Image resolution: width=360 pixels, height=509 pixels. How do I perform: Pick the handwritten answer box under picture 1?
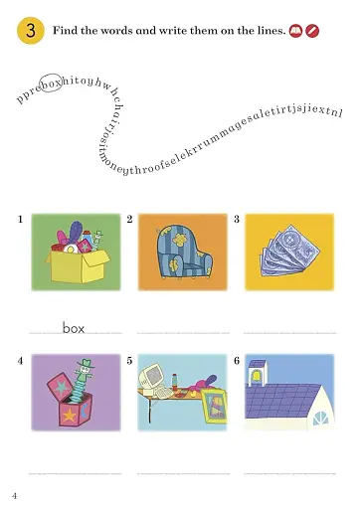74,326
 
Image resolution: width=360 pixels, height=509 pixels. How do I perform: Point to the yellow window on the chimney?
257,377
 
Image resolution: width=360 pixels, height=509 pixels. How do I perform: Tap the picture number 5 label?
130,359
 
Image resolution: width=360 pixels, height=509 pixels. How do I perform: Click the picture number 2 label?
130,218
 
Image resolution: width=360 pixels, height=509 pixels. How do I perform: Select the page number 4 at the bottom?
14,495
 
